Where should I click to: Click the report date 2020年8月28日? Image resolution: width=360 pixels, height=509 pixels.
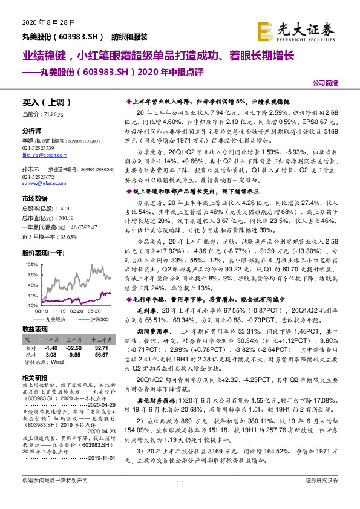(x=42, y=22)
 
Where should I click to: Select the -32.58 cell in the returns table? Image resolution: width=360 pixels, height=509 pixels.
(x=73, y=349)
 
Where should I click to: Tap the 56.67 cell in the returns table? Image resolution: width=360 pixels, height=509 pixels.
(x=102, y=355)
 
